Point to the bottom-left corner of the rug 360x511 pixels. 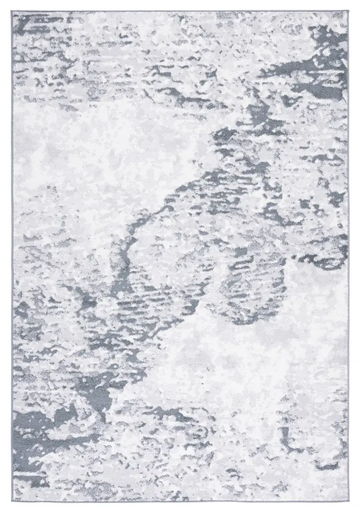[x=12, y=499]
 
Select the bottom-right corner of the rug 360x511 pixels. [x=348, y=499]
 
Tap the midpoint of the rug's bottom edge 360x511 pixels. [x=180, y=499]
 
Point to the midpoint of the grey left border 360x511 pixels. [x=12, y=255]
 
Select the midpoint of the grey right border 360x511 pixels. [x=348, y=255]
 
